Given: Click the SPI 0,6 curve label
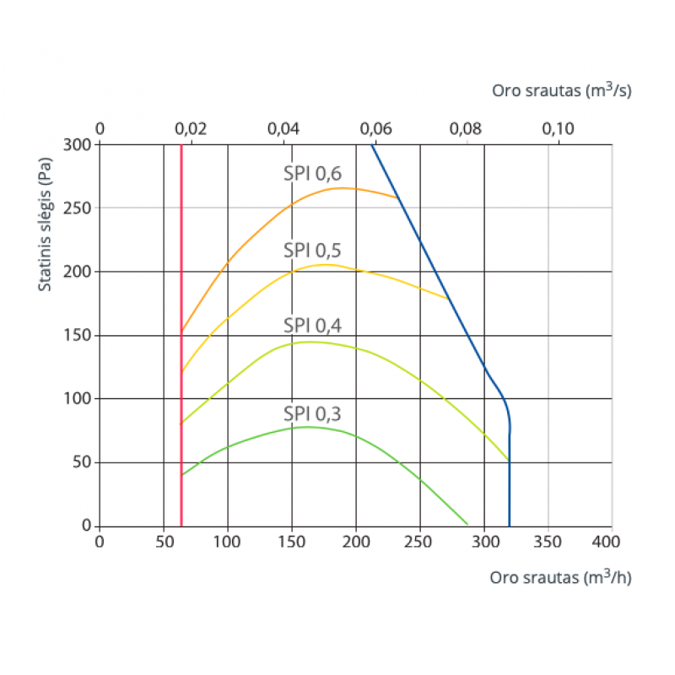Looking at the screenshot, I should pyautogui.click(x=311, y=174).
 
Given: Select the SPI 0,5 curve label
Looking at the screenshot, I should pyautogui.click(x=311, y=250).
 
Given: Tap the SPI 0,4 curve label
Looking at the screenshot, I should pyautogui.click(x=311, y=326).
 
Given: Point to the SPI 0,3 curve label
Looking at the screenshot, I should pyautogui.click(x=311, y=413).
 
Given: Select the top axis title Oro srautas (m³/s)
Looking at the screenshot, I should pyautogui.click(x=561, y=90).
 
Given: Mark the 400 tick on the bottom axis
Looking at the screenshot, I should pyautogui.click(x=613, y=541).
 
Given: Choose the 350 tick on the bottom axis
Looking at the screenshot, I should pyautogui.click(x=548, y=541).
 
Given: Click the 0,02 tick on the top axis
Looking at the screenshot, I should pyautogui.click(x=192, y=128).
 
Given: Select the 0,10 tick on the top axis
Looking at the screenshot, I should pyautogui.click(x=558, y=128).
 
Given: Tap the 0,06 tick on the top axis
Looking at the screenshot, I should pyautogui.click(x=375, y=128).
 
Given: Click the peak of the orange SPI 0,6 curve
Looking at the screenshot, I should pyautogui.click(x=342, y=188).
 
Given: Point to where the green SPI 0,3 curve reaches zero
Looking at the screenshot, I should pyautogui.click(x=467, y=525).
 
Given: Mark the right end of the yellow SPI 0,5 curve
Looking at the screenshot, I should pyautogui.click(x=448, y=299).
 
